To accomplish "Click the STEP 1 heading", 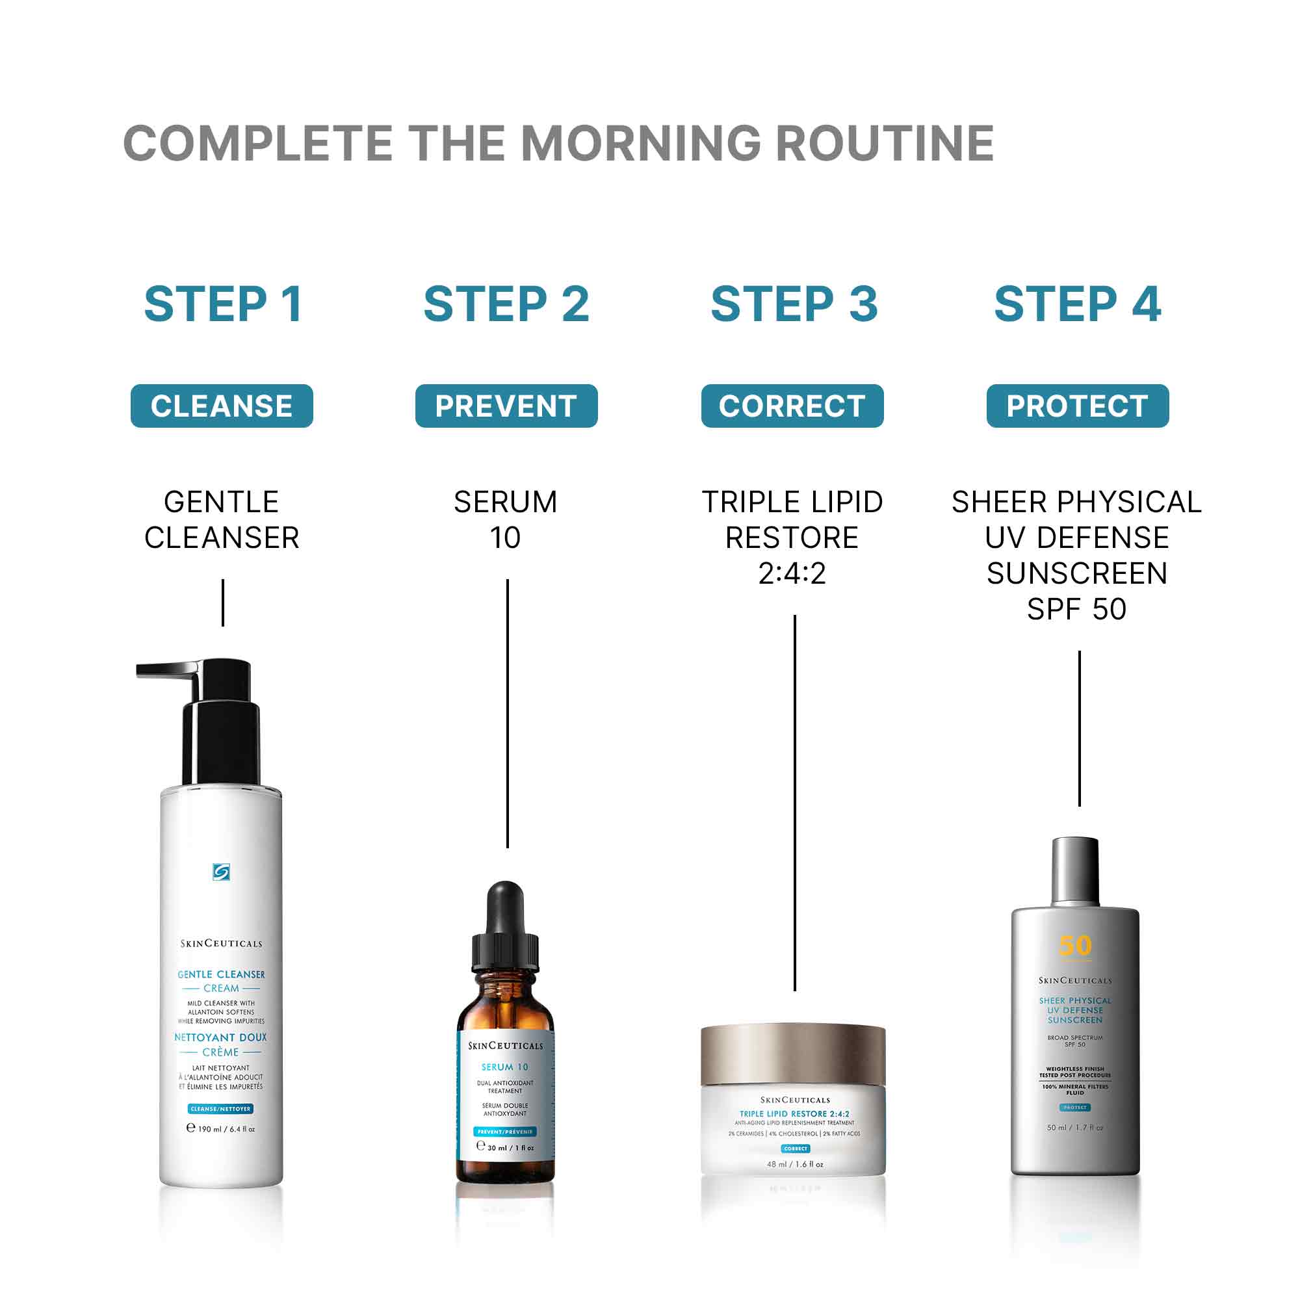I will pos(223,304).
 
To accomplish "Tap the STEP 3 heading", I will pos(794,304).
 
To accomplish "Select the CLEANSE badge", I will pos(222,406).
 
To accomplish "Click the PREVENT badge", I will pos(506,406).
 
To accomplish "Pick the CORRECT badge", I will pos(792,406).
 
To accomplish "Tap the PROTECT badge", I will pos(1077,406).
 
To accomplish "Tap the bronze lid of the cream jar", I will pos(792,1053).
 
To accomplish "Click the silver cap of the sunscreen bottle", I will pos(1074,872).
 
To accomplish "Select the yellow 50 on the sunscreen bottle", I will pos(1074,945).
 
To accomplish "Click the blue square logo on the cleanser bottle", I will pos(221,872).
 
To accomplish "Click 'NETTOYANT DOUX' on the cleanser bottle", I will pos(221,1037).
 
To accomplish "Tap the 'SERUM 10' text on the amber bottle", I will pos(504,1067).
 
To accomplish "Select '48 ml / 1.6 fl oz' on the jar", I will pos(795,1164).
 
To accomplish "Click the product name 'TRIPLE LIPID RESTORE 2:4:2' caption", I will pos(792,538).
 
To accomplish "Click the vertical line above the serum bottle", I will pos(508,713).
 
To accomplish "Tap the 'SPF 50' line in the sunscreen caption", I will pos(1076,610).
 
